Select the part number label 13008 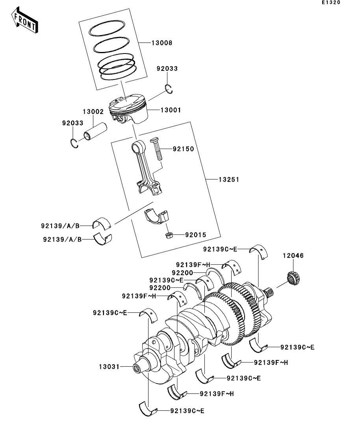[x=162, y=43]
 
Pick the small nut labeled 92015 [x=169, y=235]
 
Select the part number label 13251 [x=229, y=180]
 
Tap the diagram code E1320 [x=331, y=2]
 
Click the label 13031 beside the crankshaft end [x=109, y=367]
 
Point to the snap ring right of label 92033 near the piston [x=169, y=88]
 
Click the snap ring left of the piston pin [x=74, y=142]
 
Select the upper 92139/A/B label [x=60, y=226]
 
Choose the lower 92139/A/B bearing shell [x=103, y=239]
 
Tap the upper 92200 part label [x=182, y=273]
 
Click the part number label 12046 [x=293, y=255]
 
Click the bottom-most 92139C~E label [x=187, y=411]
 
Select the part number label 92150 [x=184, y=149]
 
